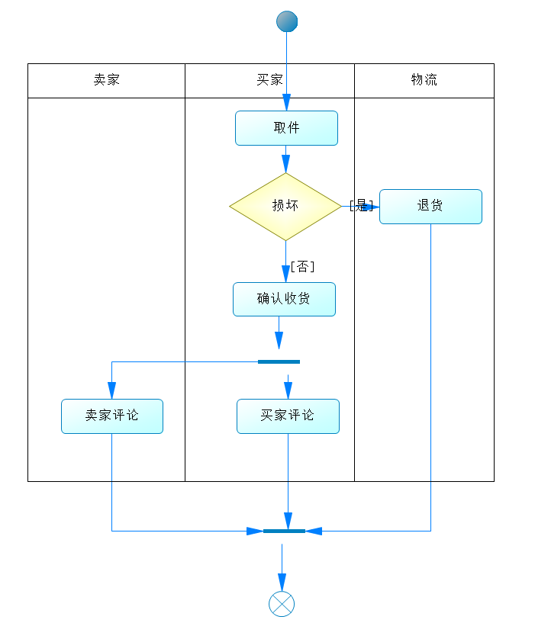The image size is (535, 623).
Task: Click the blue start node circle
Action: tap(287, 21)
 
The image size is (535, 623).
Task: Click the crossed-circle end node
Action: tap(282, 604)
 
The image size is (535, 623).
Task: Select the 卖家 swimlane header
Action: tap(106, 80)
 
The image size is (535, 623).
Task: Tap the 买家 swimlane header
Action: tap(269, 80)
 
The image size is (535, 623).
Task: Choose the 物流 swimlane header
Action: tap(424, 80)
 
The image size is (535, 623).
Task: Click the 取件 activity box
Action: tap(286, 128)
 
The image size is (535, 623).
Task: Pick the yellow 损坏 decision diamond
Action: tap(285, 206)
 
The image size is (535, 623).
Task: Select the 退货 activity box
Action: tap(430, 206)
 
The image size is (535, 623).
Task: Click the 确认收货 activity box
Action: tap(284, 299)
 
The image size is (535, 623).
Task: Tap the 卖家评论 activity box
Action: tap(112, 416)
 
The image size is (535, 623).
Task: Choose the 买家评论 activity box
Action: tap(288, 416)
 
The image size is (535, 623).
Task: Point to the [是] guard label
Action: tap(361, 205)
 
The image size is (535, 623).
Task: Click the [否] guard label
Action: tap(302, 266)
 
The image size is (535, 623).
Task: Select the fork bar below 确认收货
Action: tap(279, 361)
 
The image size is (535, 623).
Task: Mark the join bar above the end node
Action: tap(284, 531)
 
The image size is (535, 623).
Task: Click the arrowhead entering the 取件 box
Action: tap(286, 103)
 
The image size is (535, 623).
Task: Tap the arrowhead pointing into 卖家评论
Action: tap(111, 391)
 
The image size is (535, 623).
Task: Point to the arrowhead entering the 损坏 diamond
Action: tap(285, 165)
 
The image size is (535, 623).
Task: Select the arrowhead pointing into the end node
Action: tap(282, 583)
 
